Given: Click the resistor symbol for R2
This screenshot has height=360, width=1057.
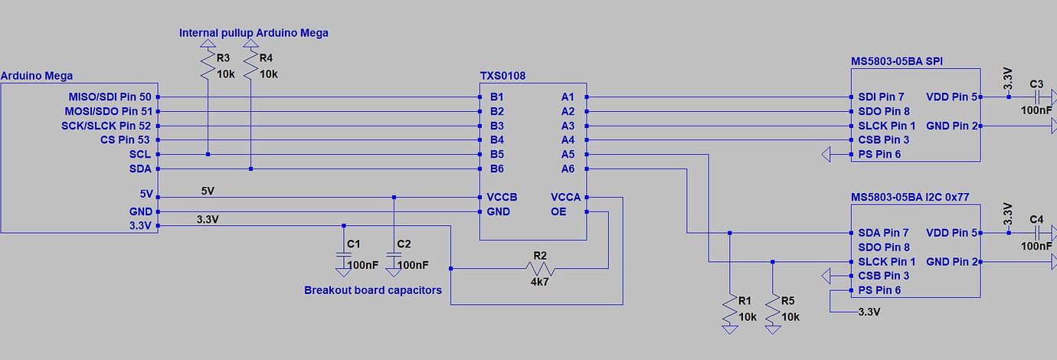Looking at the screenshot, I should click(540, 269).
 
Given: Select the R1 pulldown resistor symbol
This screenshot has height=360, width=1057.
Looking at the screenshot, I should click(729, 309).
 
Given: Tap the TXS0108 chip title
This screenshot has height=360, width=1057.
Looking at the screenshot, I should click(502, 76).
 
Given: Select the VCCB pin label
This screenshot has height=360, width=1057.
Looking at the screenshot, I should click(502, 198).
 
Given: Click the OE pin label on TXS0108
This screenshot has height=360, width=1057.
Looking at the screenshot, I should click(558, 211).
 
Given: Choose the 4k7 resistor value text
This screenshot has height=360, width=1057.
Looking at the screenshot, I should click(540, 282).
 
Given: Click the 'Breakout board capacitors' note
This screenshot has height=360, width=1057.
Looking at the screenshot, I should click(373, 290).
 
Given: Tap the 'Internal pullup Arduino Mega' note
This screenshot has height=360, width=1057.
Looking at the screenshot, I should click(254, 33).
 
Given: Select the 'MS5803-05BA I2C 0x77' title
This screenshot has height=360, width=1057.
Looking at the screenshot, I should click(910, 197).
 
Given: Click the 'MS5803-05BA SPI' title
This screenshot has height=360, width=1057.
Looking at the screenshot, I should click(895, 61).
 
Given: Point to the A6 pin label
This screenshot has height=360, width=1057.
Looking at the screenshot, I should click(568, 169).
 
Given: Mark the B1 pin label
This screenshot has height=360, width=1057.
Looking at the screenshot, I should click(496, 97).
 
